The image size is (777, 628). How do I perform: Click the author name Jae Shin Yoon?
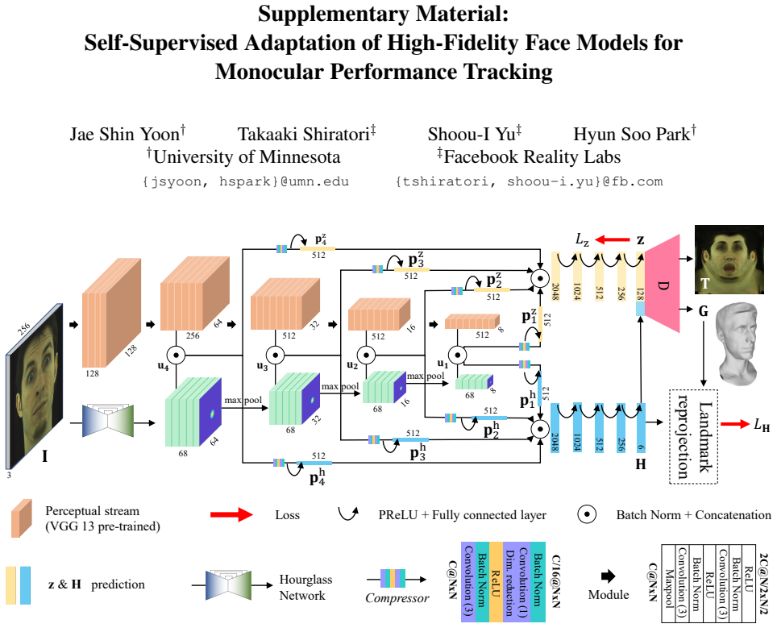127,134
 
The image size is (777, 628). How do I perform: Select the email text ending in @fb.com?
530,181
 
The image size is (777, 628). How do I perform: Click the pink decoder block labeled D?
663,284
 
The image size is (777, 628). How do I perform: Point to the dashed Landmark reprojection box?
694,436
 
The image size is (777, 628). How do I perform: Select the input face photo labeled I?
35,387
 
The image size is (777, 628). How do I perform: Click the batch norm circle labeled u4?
176,355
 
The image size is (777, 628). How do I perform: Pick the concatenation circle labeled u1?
457,355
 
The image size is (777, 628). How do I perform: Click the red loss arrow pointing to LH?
735,424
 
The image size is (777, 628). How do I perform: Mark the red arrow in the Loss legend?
231,514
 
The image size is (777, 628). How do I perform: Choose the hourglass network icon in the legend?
228,585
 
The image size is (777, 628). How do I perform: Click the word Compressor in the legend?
397,597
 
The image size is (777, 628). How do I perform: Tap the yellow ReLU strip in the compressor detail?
496,582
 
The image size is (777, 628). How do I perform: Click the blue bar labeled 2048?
555,428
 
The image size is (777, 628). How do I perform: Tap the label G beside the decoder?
703,311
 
